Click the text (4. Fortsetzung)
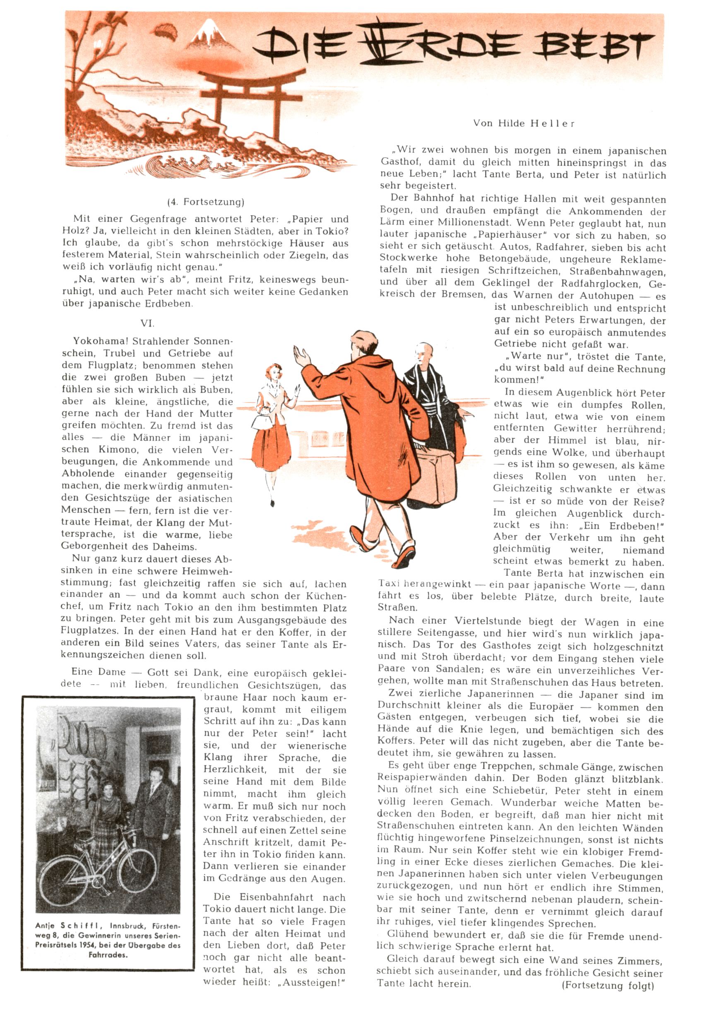click(205, 202)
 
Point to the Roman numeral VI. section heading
click(147, 324)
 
